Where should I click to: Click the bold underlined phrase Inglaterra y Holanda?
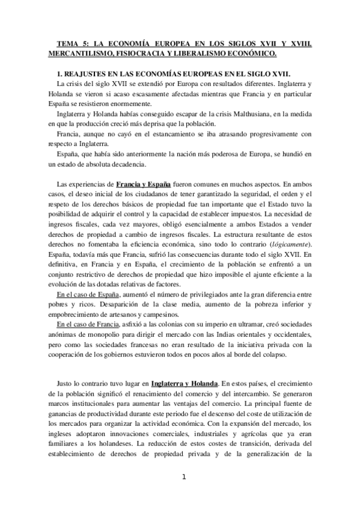185,382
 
